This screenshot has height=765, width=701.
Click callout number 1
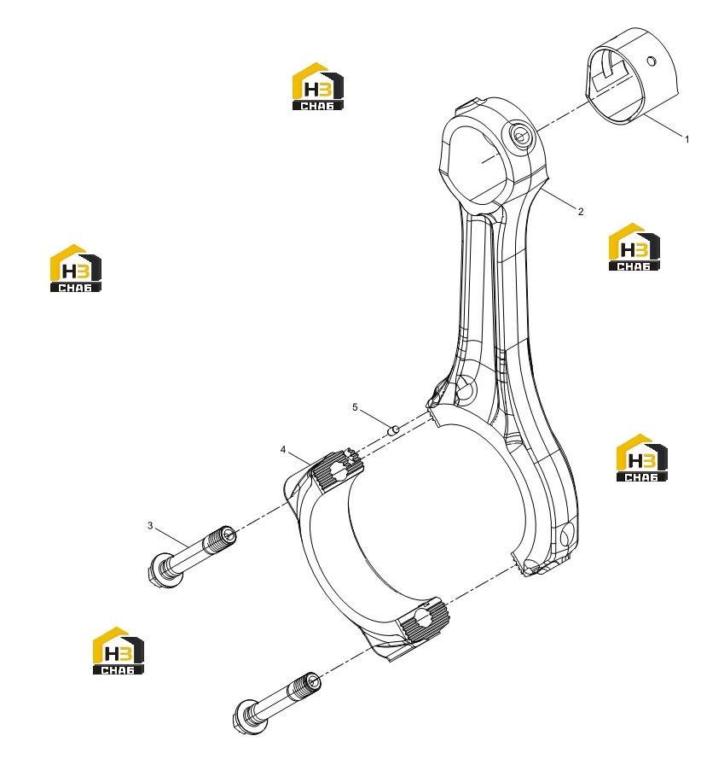tap(687, 139)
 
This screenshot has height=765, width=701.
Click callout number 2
tap(580, 211)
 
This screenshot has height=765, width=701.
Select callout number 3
tap(150, 525)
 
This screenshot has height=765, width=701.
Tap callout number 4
tap(283, 449)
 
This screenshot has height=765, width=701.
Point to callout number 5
tap(355, 407)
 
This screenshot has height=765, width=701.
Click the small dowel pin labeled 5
tap(394, 430)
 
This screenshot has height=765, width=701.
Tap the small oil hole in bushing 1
tap(651, 61)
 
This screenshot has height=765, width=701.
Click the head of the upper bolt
tap(159, 571)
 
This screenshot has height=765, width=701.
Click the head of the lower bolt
tap(247, 715)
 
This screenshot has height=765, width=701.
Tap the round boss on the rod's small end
tap(520, 136)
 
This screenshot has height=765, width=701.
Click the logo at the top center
tap(317, 86)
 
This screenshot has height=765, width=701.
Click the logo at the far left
tap(76, 268)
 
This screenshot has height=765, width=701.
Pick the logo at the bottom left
tap(119, 651)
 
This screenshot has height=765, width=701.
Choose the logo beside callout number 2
tap(634, 247)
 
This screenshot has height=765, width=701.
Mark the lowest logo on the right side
tap(642, 458)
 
